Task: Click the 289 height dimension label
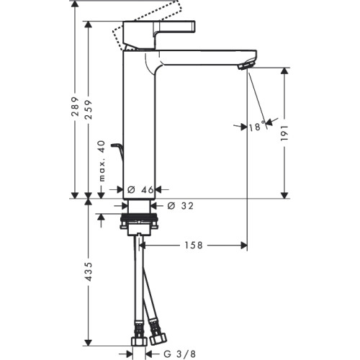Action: coord(76,107)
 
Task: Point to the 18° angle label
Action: coord(257,126)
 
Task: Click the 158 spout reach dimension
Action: coord(194,246)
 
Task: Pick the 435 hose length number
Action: coord(89,271)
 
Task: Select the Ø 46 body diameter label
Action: coord(140,190)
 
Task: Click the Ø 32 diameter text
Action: coord(180,206)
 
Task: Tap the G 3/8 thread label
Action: coord(180,354)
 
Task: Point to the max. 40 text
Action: coord(102,161)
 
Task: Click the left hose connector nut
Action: coord(138,341)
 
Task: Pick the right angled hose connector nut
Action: coord(158,339)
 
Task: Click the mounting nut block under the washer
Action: coord(140,229)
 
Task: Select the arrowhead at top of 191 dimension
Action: coord(284,71)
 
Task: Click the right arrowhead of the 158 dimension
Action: coord(244,246)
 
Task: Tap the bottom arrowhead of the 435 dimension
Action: coord(89,343)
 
